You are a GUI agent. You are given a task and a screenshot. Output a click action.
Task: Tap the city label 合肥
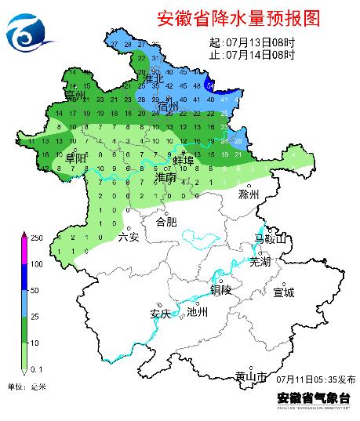[167, 222]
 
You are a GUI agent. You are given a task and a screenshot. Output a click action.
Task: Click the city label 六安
[128, 237]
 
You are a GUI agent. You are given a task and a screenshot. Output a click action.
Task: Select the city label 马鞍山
[271, 238]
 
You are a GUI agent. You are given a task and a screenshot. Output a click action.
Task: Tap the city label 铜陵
[222, 289]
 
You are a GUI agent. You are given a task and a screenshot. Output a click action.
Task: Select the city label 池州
[198, 311]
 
